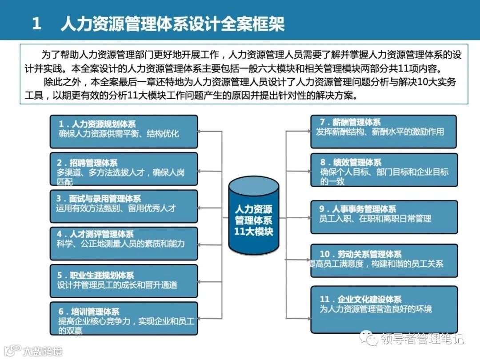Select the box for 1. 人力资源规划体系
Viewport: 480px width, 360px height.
click(x=124, y=132)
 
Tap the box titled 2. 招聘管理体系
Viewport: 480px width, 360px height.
click(x=124, y=169)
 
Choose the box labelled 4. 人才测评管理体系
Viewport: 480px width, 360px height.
click(x=124, y=243)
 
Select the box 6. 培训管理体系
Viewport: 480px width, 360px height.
click(x=124, y=319)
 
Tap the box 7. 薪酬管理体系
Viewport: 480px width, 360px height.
click(x=383, y=131)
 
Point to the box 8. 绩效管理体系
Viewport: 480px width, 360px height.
click(x=383, y=170)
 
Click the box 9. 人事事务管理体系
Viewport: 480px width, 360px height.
click(x=383, y=217)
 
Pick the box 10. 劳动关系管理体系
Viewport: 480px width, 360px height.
click(x=383, y=260)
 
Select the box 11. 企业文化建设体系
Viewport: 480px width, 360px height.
click(x=383, y=309)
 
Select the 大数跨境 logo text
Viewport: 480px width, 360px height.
click(x=43, y=351)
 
